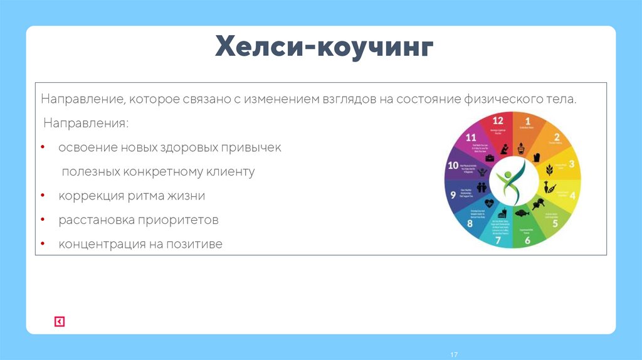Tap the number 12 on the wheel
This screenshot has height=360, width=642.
tap(498, 120)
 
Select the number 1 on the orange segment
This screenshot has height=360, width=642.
tap(527, 120)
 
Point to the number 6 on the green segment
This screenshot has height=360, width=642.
tap(527, 240)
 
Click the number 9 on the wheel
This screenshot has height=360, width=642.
tap(453, 195)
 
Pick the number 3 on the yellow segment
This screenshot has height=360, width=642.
tap(571, 164)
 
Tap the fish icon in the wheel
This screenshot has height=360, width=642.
tap(520, 213)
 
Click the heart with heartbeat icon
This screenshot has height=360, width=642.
tap(489, 203)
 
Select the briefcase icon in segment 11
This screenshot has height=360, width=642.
tap(488, 157)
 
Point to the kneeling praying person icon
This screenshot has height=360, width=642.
tap(504, 149)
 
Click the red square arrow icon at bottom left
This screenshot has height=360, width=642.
tap(60, 322)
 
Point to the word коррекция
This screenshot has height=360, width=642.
tap(88, 196)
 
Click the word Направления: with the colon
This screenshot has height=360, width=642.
tap(86, 124)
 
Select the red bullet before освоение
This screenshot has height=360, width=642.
tap(43, 147)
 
